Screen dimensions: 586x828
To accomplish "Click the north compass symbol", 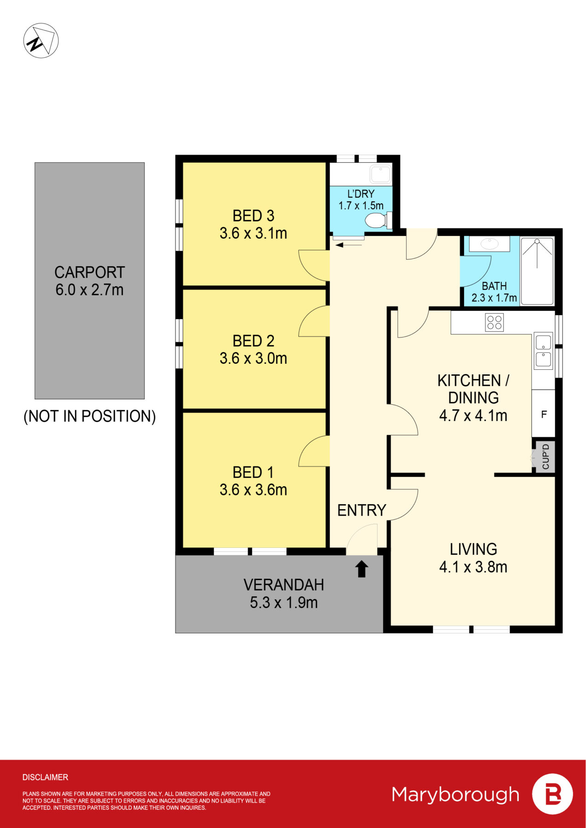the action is pos(41,40).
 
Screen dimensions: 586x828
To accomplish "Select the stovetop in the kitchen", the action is pos(494,322).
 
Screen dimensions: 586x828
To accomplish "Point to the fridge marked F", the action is pos(543,414).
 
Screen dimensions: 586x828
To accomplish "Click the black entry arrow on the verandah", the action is pos(362,569).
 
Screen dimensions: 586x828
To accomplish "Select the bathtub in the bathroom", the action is pos(537,271).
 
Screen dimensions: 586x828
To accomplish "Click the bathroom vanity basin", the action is pos(489,244).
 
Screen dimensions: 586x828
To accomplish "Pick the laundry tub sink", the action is pos(381,175).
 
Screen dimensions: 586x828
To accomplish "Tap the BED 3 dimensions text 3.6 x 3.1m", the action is pos(253,233).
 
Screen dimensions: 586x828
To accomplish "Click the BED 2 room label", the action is pos(253,341).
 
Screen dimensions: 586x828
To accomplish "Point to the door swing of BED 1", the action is pos(314,451).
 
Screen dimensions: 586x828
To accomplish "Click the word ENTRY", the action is pos(362,510).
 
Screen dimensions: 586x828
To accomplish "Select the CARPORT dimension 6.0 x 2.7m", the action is pos(89,290).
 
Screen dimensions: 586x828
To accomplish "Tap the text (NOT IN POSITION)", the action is pos(90,416).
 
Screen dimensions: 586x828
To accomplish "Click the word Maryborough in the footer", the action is pos(456,795).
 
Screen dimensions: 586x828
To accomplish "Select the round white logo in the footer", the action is pos(552,794).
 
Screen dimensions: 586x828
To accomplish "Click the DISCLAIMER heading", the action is pos(45,777).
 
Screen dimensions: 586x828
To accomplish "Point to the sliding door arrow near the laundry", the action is pos(349,245).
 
